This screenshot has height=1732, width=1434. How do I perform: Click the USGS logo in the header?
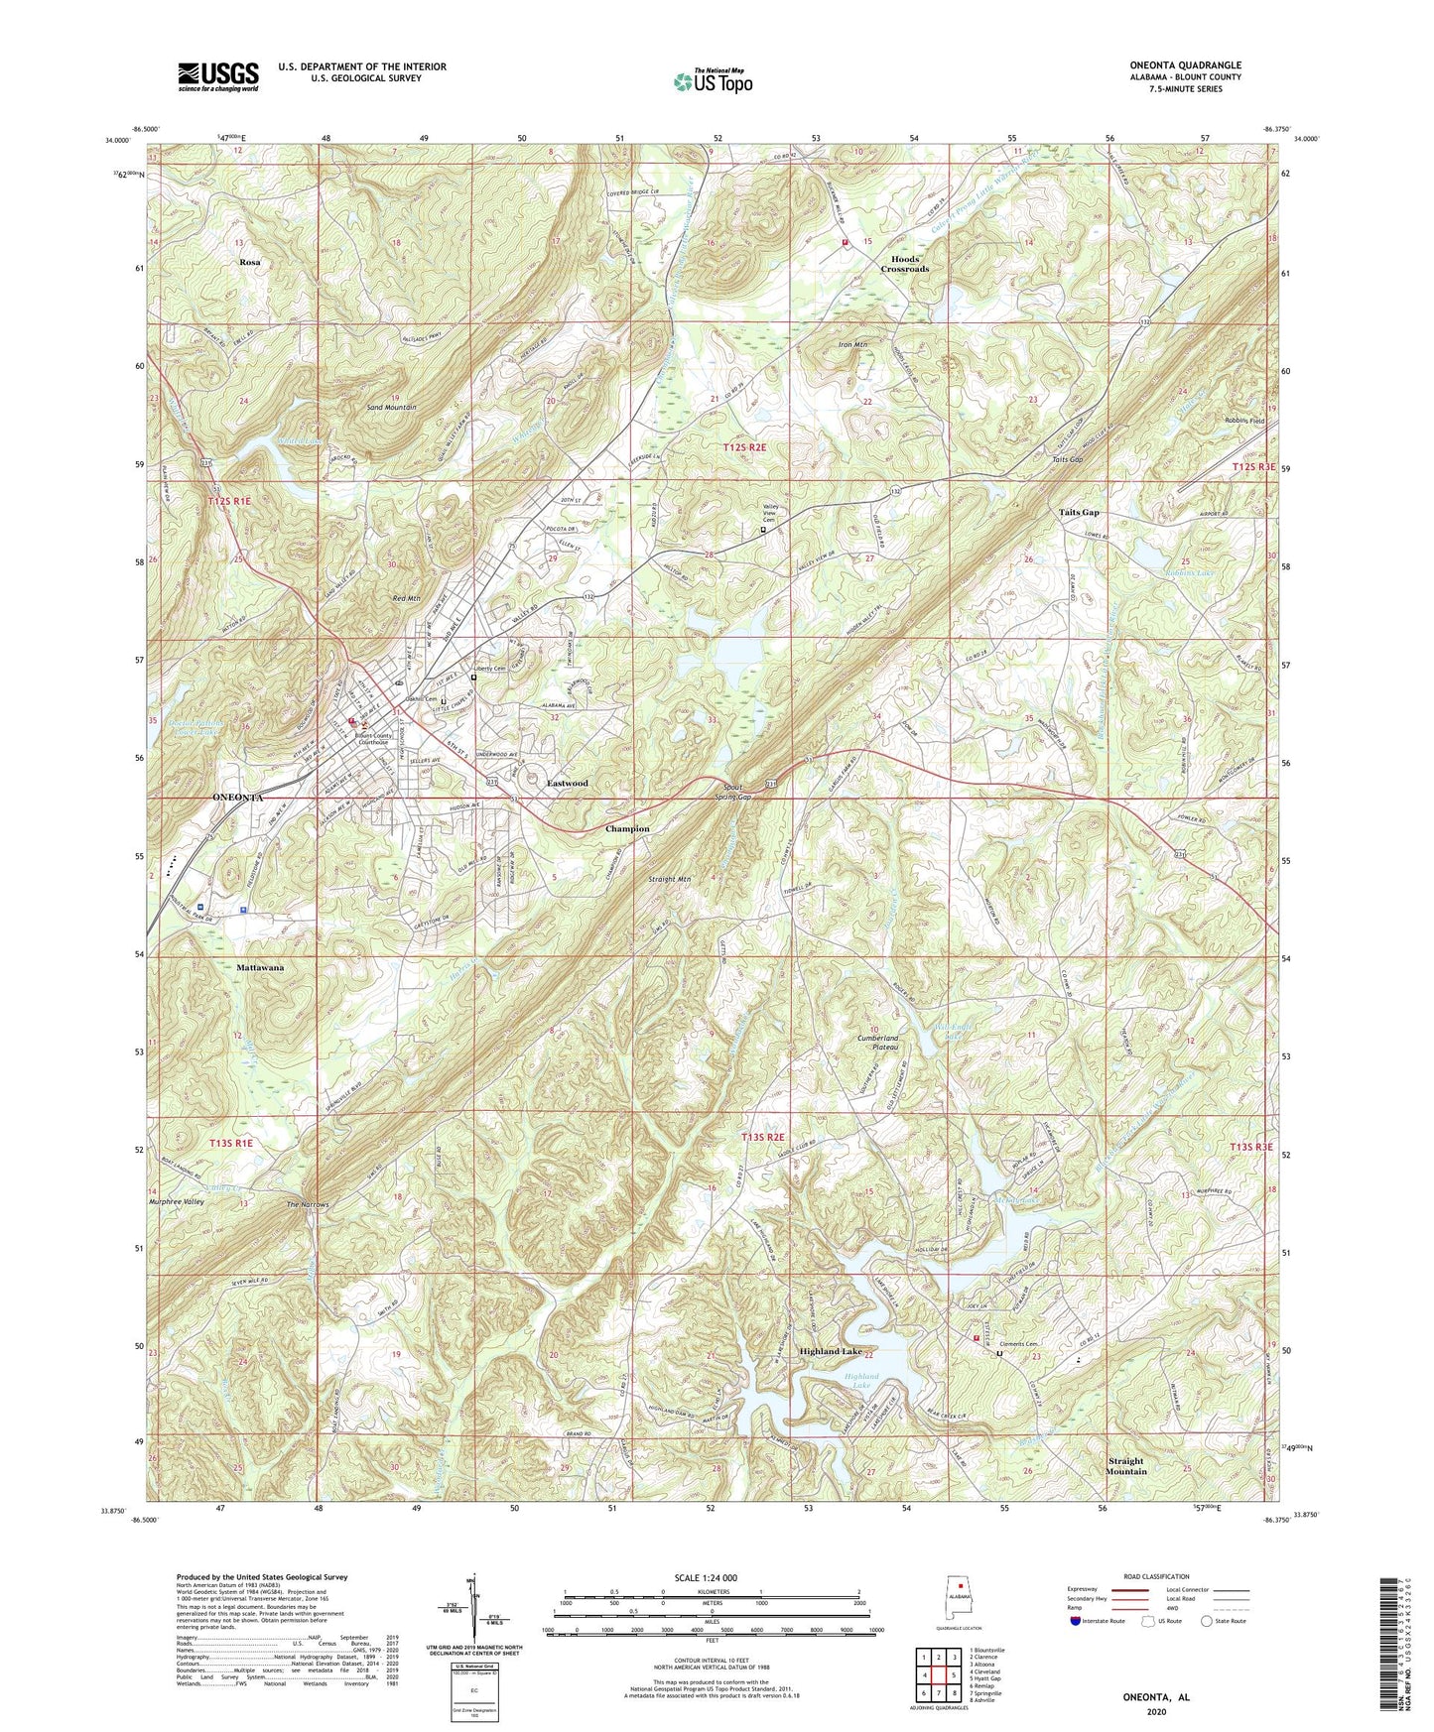(x=218, y=75)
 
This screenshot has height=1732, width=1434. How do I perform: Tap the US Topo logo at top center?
(x=711, y=82)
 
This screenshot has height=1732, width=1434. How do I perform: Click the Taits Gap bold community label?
(x=1079, y=513)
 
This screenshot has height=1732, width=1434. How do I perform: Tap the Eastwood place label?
(x=568, y=784)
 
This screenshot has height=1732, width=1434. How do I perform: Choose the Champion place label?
(x=628, y=828)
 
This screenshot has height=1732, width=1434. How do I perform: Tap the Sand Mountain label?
(x=391, y=408)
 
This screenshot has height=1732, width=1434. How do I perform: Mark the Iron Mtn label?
(x=852, y=345)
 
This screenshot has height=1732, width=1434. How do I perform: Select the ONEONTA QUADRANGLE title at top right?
(x=1185, y=65)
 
